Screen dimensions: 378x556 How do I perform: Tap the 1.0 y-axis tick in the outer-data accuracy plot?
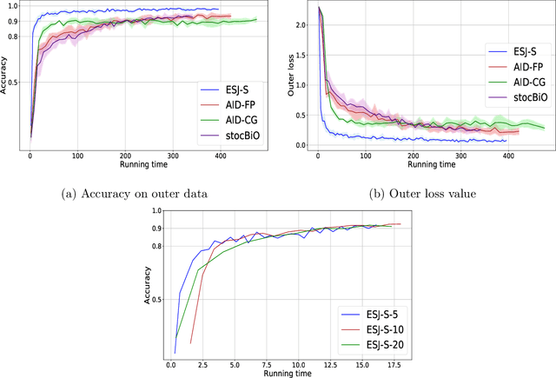(12, 7)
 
